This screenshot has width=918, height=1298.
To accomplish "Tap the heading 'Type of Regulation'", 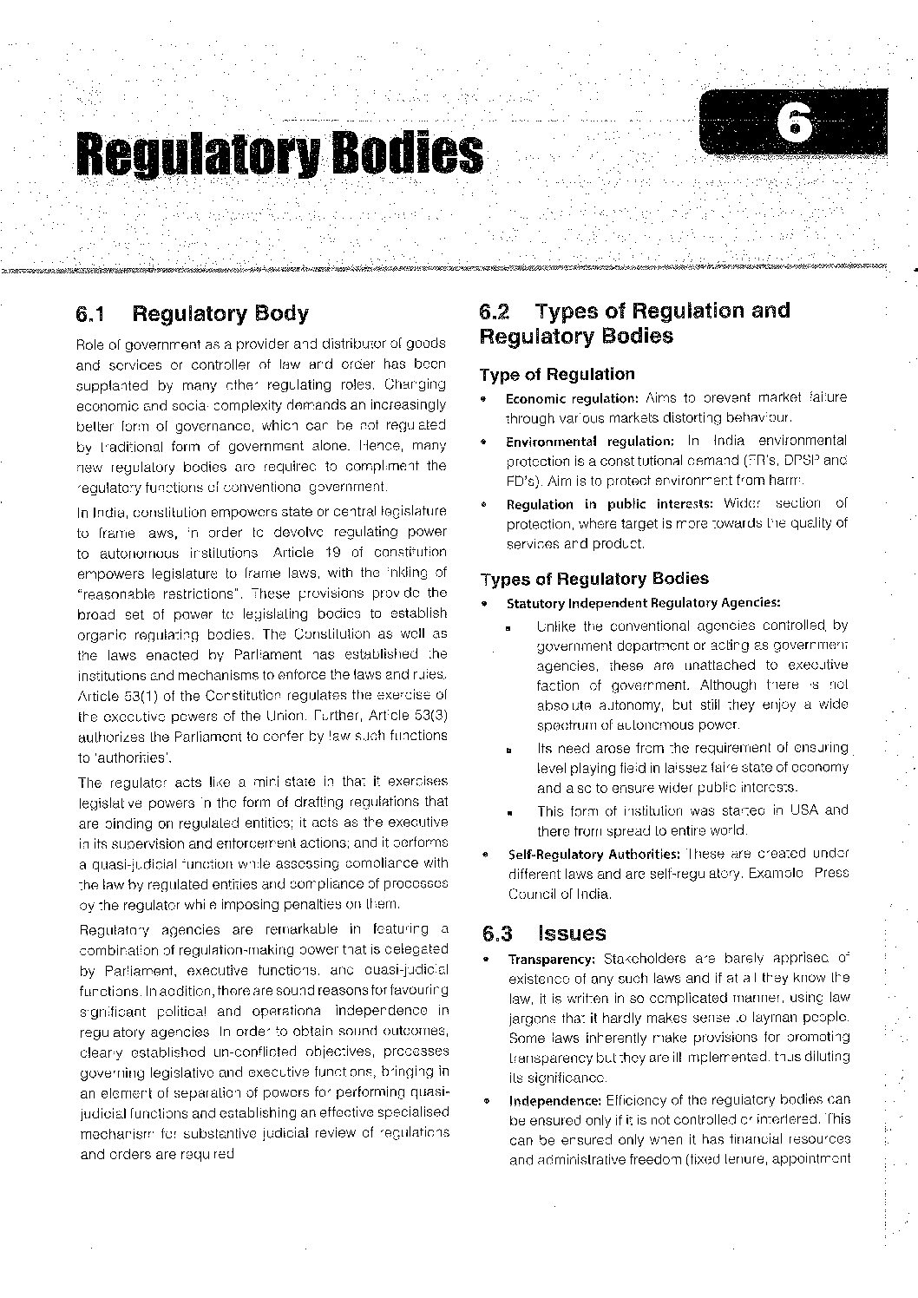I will (x=557, y=374).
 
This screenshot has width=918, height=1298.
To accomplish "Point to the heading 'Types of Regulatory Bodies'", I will (x=593, y=579).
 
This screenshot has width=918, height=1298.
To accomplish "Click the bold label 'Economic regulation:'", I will (x=572, y=398).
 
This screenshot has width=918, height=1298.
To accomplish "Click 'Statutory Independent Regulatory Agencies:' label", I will (x=643, y=603).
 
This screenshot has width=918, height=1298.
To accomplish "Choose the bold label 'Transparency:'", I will (x=551, y=960).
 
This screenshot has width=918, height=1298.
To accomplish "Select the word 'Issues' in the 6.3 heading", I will (x=572, y=934).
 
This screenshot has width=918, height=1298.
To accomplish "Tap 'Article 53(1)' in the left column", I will (x=113, y=696).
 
